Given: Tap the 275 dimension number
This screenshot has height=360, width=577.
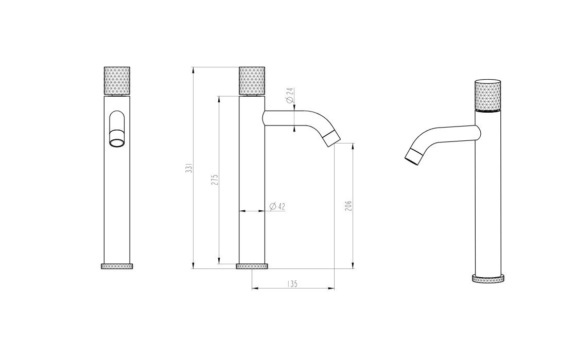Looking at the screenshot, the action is [x=215, y=179].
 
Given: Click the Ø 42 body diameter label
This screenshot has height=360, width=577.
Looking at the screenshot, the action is [x=277, y=206].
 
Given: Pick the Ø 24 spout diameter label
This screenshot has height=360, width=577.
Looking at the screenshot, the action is [x=290, y=95].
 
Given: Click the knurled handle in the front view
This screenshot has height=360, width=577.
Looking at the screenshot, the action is [x=117, y=81].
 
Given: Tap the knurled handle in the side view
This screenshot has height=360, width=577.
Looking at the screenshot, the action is [x=252, y=81].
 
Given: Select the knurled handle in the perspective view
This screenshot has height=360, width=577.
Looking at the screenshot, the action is [x=487, y=95].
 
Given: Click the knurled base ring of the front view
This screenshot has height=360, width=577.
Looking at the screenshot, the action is [x=117, y=266].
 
